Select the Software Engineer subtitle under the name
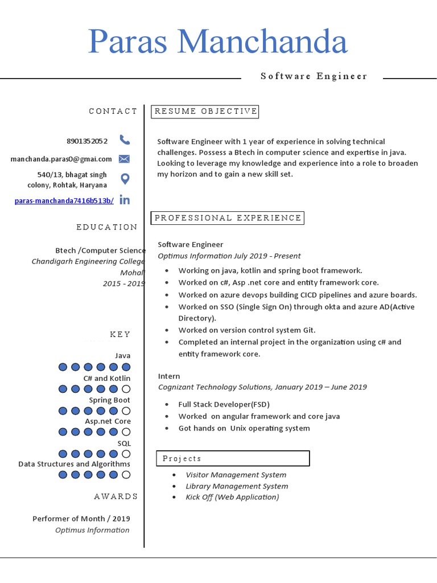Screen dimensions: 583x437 tap(314, 76)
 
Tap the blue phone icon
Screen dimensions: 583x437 tap(125, 140)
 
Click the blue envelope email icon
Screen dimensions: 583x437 tap(125, 159)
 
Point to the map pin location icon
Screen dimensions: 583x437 tap(125, 179)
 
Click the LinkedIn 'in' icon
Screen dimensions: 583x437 tap(125, 200)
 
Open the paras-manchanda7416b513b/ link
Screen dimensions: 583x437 tap(64, 200)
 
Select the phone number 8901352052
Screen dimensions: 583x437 tap(86, 141)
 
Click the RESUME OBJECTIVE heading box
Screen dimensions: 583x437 tap(205, 112)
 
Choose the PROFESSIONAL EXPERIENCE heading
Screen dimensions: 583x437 tap(228, 218)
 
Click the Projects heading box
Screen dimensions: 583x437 tap(233, 458)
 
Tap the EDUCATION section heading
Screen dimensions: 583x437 tap(107, 227)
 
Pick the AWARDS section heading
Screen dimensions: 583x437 tap(116, 496)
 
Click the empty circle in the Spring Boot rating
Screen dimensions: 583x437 tap(126, 411)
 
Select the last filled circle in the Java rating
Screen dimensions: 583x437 tap(126, 367)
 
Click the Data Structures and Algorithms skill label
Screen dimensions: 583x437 tap(74, 464)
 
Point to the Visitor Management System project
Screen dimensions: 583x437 tap(236, 475)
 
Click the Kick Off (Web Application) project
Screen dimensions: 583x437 tap(232, 497)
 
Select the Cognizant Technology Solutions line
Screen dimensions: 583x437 tap(262, 387)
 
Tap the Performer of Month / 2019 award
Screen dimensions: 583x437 tap(81, 519)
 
